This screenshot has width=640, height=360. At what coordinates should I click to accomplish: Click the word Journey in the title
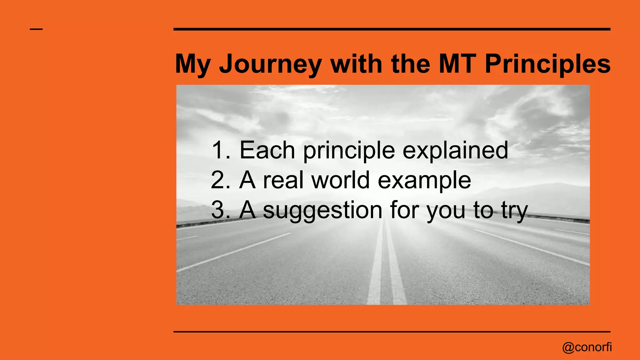coord(270,64)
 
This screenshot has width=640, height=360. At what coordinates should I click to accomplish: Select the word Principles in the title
coord(547,64)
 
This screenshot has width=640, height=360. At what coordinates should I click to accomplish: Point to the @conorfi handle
coord(587,347)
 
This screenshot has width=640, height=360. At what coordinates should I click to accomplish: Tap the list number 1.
coord(219,150)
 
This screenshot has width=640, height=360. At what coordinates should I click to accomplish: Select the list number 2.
coord(219,180)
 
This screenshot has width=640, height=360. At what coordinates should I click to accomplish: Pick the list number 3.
coord(219,210)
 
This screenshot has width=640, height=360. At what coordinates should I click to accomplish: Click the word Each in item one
coord(267,150)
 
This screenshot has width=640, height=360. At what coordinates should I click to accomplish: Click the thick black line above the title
coord(392,29)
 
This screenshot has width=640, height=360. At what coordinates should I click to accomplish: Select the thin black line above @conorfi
coord(392,332)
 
